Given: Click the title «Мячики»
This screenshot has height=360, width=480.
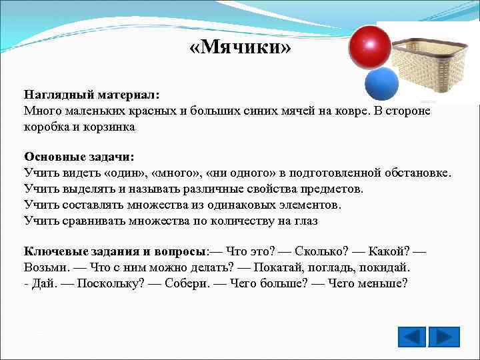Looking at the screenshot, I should click(237, 48).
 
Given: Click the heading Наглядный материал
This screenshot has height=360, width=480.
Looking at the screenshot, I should click(92, 95).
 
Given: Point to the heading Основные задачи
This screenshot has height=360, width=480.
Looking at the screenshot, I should click(79, 157).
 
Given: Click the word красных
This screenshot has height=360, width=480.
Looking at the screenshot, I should click(157, 111).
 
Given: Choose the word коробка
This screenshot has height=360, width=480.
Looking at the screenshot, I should click(48, 126).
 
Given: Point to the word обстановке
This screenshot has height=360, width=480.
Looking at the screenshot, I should click(417, 173).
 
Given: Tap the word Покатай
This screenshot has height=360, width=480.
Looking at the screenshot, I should click(263, 267).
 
